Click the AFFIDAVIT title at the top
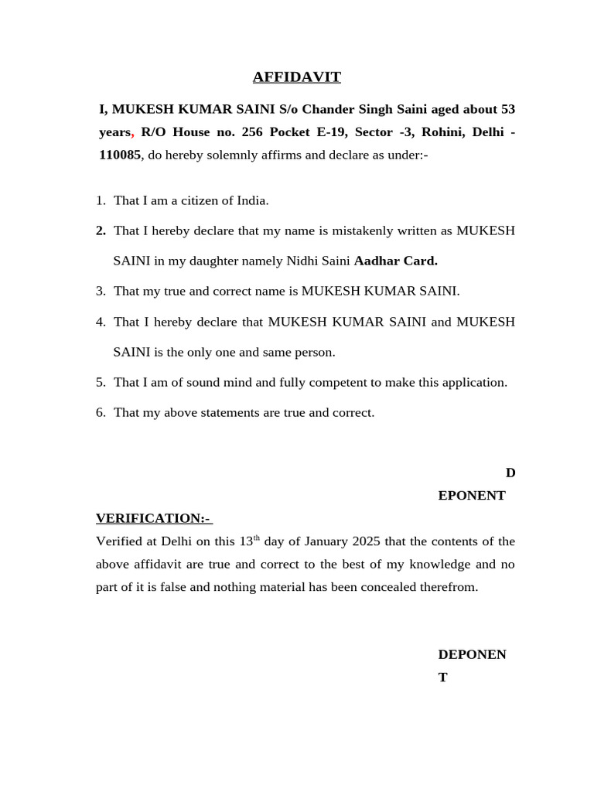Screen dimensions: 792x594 pos(296,77)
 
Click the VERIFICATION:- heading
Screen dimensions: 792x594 pos(153,517)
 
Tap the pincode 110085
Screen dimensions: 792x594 pos(119,155)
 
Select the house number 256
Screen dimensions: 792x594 pos(252,131)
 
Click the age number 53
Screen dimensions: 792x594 pos(507,109)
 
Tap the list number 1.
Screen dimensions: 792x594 pos(101,200)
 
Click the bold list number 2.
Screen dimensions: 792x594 pos(101,230)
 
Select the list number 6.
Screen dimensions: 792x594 pos(101,412)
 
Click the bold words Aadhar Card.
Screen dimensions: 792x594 pos(395,261)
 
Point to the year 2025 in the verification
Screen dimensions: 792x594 pos(367,541)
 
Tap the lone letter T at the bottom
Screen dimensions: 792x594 pos(442,678)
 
